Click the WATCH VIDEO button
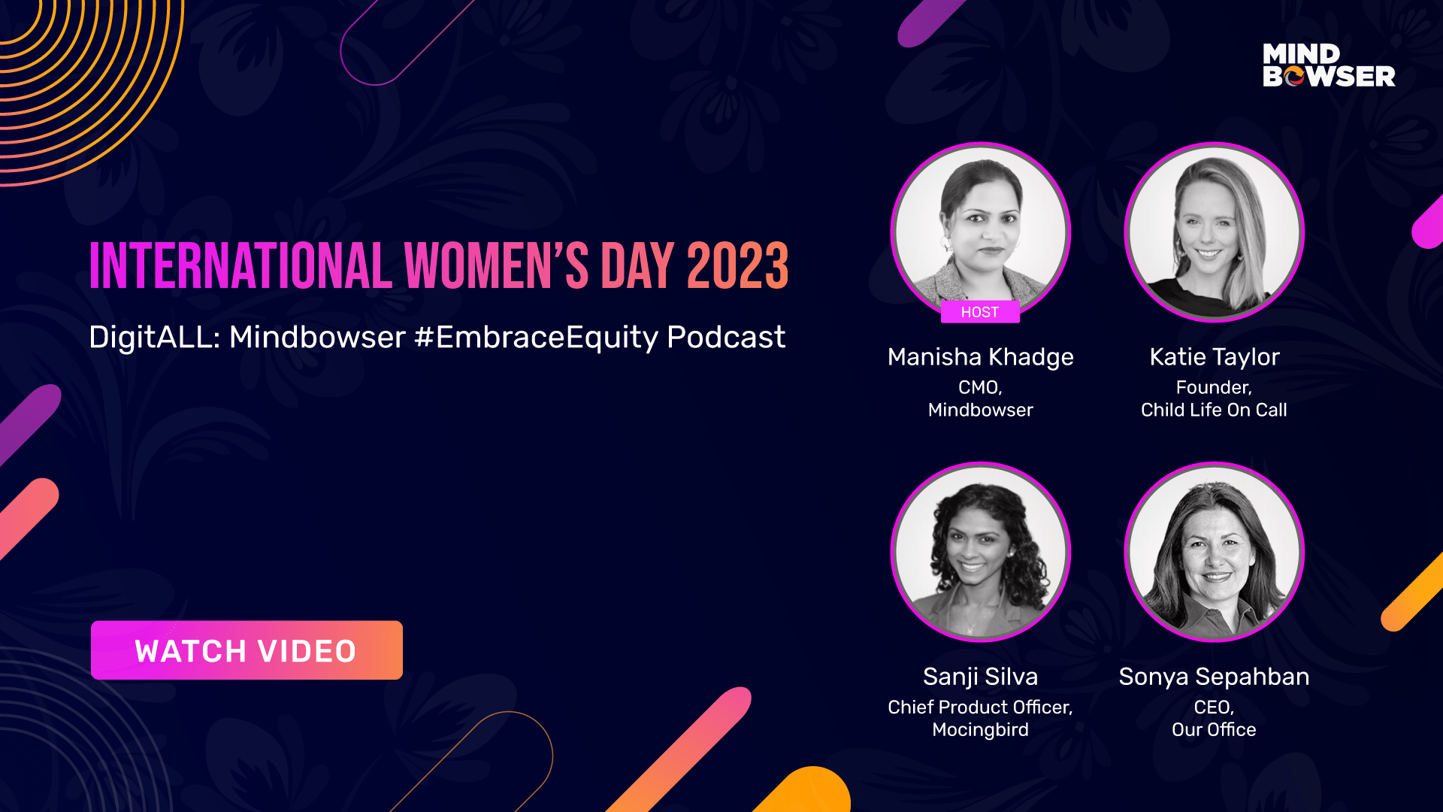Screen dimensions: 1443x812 [x=247, y=650]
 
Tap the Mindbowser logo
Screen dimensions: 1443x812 [x=1329, y=65]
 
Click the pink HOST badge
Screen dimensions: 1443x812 [x=980, y=312]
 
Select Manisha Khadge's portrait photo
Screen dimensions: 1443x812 [x=981, y=232]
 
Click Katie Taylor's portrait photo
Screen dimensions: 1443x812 [x=1214, y=232]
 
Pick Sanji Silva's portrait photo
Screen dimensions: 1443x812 [x=981, y=551]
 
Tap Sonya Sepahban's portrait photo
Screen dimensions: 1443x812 [x=1214, y=551]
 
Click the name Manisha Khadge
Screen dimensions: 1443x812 [x=981, y=357]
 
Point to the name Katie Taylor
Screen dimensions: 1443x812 [x=1215, y=357]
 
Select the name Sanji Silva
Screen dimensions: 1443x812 [x=981, y=677]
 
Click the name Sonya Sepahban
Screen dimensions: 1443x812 [x=1214, y=677]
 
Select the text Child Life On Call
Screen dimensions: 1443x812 [x=1214, y=410]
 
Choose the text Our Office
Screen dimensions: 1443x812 [x=1214, y=729]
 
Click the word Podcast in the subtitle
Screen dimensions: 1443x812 [x=726, y=337]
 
